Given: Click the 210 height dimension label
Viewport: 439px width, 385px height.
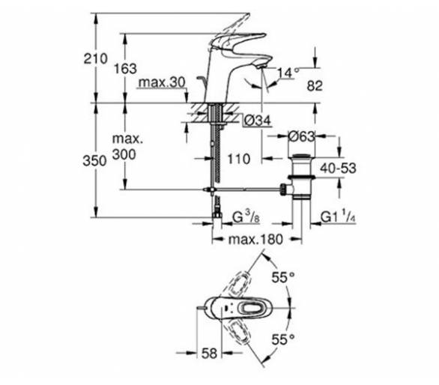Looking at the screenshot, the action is pos(95,59).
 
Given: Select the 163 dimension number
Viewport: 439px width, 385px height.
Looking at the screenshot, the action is pos(125,69).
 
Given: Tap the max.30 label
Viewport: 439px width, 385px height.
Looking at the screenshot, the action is pos(162,82).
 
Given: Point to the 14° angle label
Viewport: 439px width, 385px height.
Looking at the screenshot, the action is pos(288,73).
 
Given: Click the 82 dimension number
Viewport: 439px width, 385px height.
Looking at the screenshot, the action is pos(315,85).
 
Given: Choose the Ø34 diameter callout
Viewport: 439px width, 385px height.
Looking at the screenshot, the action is pos(257,121).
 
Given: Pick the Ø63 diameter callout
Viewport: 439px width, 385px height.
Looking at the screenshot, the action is pos(301,136).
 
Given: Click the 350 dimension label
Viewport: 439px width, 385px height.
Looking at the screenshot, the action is pos(94,161).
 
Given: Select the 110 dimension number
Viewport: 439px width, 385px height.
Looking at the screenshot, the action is pos(239,159).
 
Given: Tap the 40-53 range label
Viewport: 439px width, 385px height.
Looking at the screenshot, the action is pos(338,169).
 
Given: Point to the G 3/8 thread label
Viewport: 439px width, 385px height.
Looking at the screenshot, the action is pos(246,217).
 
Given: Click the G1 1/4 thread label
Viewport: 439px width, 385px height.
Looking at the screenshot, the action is pos(338,217).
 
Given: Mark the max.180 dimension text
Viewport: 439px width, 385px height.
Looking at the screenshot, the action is pos(255,240).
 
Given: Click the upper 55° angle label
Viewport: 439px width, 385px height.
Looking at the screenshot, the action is pos(283,277).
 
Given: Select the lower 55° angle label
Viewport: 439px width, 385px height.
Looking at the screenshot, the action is pos(283,340).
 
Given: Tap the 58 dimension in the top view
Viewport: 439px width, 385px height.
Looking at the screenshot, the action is pos(209,354).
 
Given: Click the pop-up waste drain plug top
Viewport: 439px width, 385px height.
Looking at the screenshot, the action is pos(302,156).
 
